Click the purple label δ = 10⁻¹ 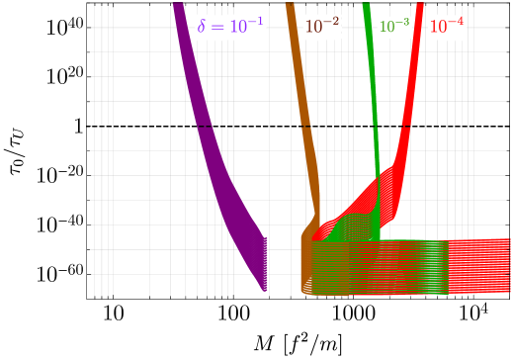[230, 27]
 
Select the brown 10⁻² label [322, 27]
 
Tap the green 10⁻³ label [393, 27]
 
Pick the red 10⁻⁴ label [446, 27]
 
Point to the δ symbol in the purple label [202, 27]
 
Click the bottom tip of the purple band [267, 290]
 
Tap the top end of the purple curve [179, 7]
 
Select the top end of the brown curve [291, 7]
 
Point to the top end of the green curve [367, 7]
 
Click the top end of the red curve [420, 7]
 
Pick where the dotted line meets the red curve [405, 127]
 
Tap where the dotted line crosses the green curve [375, 127]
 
